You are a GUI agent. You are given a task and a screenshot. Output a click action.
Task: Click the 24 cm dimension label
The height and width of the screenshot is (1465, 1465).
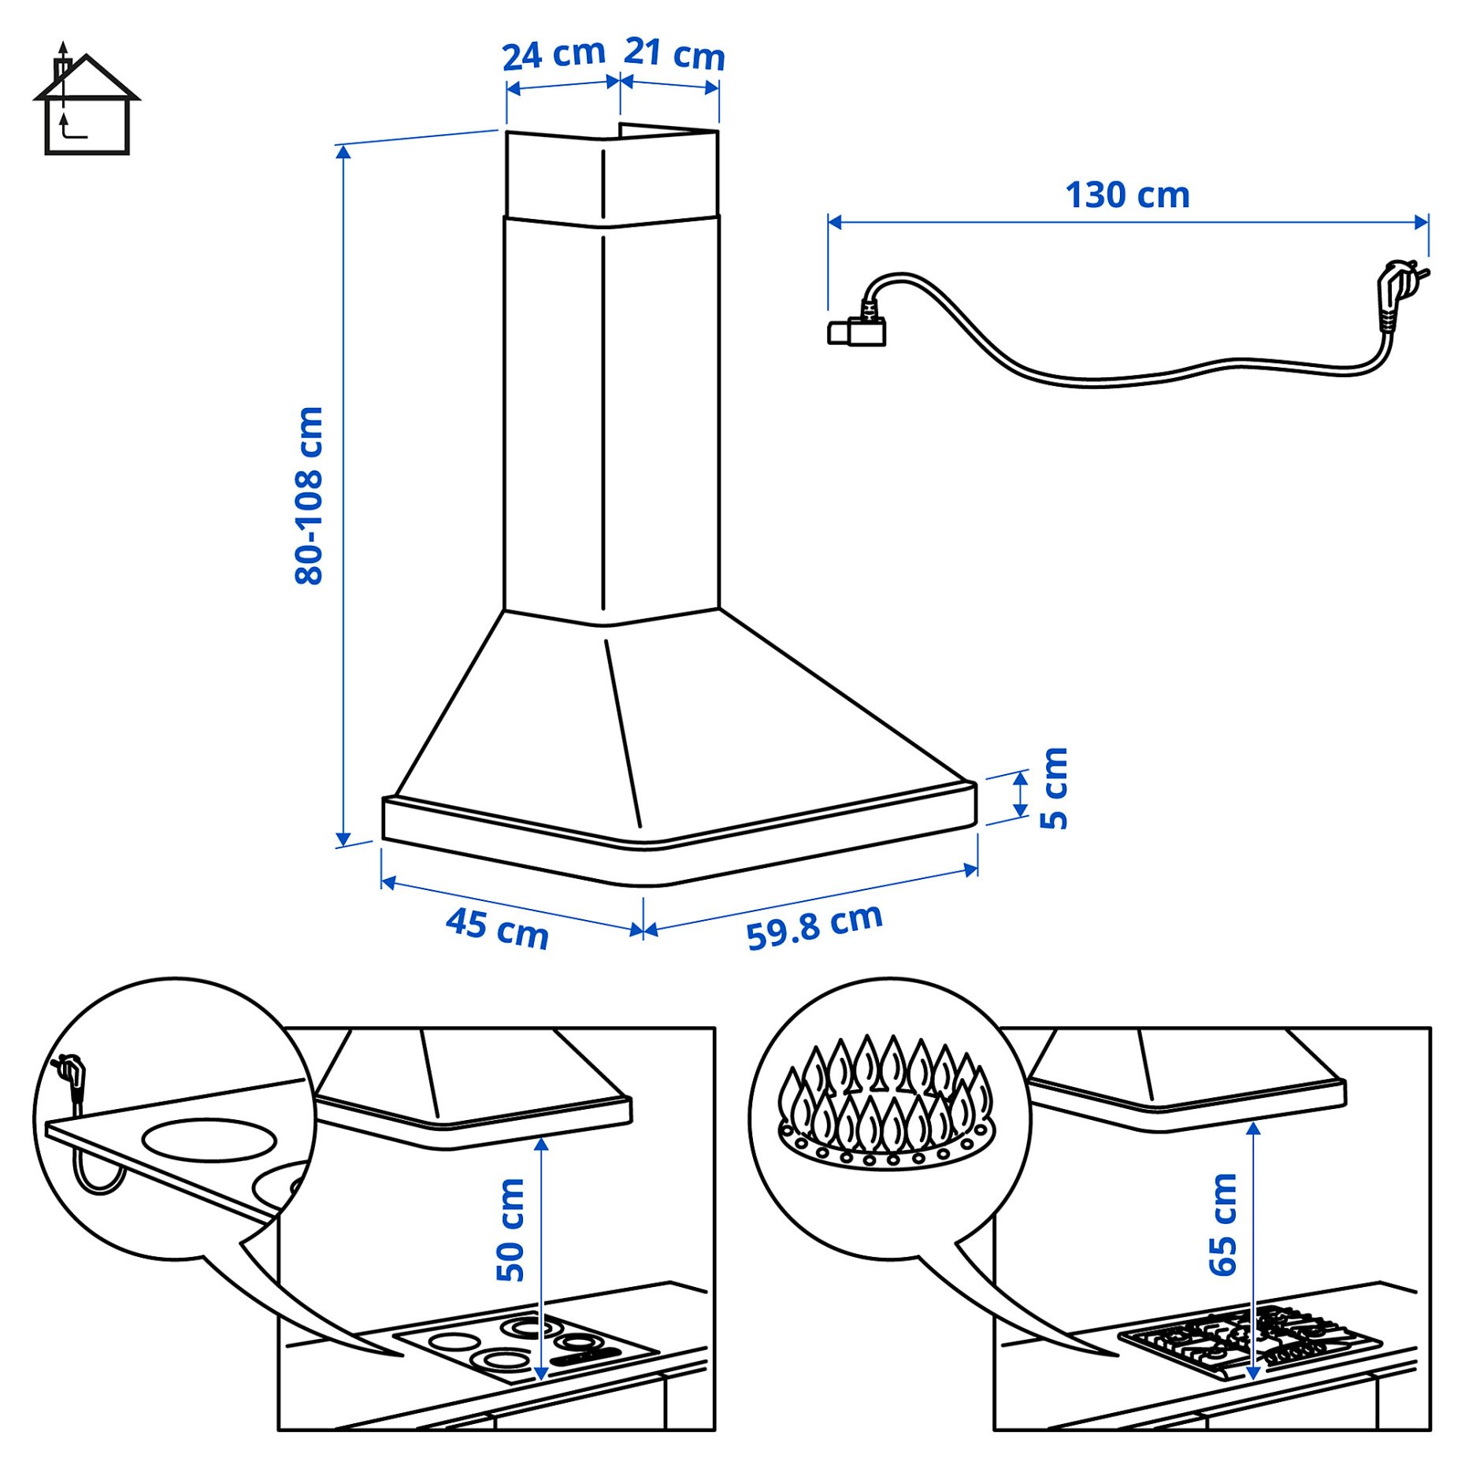click(553, 54)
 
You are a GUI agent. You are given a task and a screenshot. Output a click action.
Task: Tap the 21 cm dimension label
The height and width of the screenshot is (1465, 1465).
click(674, 54)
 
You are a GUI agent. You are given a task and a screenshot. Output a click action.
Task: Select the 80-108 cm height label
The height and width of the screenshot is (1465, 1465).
click(309, 495)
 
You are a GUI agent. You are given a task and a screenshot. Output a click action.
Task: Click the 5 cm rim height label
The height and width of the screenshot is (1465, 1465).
click(1053, 788)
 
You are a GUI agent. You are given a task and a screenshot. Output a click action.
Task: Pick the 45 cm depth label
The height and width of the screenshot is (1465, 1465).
click(497, 928)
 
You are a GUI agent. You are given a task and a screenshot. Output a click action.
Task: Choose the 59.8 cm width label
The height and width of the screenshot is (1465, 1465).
click(814, 926)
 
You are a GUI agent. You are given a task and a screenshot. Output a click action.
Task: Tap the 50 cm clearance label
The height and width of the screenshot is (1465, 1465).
click(510, 1229)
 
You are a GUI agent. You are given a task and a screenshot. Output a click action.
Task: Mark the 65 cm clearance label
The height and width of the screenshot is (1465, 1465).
click(1223, 1224)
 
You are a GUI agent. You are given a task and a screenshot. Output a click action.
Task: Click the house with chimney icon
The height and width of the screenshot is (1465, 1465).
click(86, 103)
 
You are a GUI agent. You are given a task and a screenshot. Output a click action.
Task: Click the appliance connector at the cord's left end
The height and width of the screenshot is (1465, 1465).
click(857, 331)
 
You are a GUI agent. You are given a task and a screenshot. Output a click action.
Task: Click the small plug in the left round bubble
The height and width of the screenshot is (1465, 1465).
click(71, 1074)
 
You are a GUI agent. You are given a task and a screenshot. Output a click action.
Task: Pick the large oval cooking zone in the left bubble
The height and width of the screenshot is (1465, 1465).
click(210, 1140)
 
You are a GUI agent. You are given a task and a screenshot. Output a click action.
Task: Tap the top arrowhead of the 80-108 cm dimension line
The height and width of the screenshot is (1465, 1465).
click(343, 152)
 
